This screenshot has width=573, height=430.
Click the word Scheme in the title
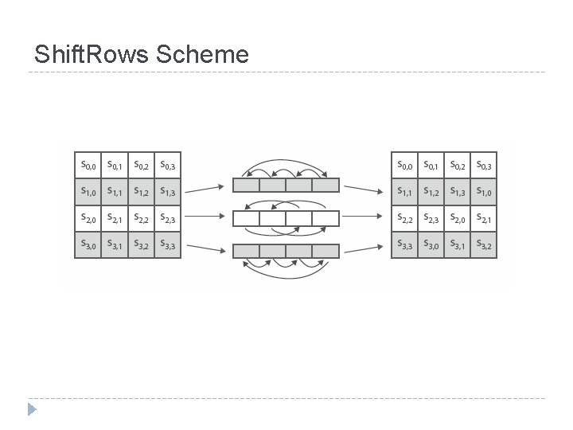(x=203, y=54)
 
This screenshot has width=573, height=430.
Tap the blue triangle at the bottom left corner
(x=31, y=410)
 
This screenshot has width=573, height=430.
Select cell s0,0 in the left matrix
(x=88, y=166)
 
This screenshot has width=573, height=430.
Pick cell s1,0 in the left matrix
(x=88, y=191)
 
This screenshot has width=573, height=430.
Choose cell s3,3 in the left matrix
(x=167, y=244)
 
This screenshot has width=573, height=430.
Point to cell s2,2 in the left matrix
(x=141, y=218)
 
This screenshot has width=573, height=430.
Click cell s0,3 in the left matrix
(x=167, y=166)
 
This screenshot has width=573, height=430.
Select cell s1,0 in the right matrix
(x=483, y=191)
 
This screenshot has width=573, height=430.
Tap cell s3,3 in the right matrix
(x=404, y=244)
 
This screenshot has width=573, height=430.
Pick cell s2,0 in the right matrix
(x=457, y=218)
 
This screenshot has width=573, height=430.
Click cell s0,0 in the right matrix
(x=404, y=166)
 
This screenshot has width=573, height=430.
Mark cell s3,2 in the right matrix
(x=483, y=244)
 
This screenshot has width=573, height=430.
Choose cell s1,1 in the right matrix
(x=404, y=191)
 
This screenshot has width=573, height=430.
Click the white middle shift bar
(x=286, y=218)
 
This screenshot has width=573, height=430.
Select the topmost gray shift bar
(x=286, y=186)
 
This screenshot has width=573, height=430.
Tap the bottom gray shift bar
(x=286, y=251)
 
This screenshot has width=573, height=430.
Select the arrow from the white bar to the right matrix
(x=367, y=218)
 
